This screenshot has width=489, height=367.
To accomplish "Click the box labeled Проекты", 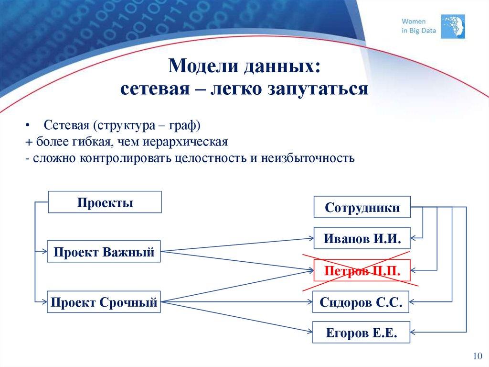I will [105, 202].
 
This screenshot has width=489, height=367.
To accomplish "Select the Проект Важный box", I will [104, 252].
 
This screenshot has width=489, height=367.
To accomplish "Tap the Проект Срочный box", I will [104, 302].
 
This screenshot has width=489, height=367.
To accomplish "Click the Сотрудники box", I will [362, 207].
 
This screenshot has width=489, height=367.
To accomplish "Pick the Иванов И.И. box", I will [362, 238].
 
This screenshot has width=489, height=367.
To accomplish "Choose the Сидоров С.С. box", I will [361, 302].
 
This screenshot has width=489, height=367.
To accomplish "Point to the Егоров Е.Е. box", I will [361, 332].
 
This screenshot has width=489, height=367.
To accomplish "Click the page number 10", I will [477, 356].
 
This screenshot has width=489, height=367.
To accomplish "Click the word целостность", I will [208, 158].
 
